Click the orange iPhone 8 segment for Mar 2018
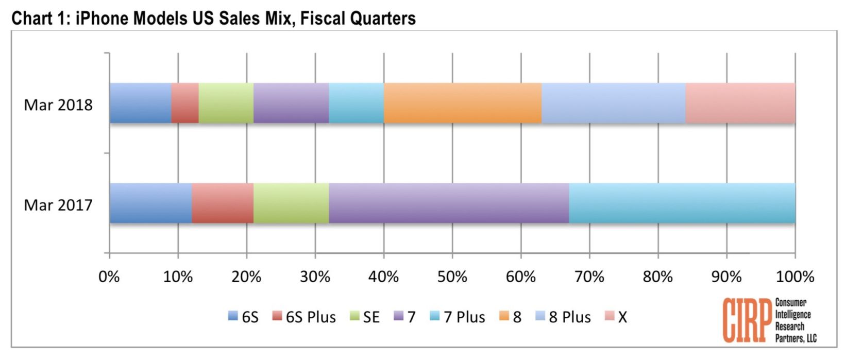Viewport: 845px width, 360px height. click(462, 103)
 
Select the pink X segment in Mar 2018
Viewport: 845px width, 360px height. click(740, 103)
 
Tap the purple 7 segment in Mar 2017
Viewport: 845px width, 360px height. click(448, 203)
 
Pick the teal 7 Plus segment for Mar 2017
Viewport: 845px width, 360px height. click(682, 203)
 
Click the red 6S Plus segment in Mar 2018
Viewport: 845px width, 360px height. click(185, 103)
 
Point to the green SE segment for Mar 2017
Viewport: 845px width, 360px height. click(291, 203)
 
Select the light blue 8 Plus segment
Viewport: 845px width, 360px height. click(613, 103)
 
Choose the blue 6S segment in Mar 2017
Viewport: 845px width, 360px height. click(150, 203)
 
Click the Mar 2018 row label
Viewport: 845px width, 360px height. click(58, 105)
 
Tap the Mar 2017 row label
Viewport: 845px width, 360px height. click(58, 205)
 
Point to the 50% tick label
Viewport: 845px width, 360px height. click(452, 277)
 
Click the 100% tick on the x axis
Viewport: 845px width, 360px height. click(795, 277)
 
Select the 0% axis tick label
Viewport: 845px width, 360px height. click(109, 277)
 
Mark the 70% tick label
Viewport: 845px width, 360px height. click(589, 277)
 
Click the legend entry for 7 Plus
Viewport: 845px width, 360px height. click(458, 317)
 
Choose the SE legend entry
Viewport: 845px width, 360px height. click(365, 317)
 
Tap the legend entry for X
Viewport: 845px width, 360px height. click(616, 317)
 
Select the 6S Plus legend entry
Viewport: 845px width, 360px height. click(305, 317)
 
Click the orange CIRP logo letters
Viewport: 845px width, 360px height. click(747, 320)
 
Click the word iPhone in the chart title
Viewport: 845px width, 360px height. click(103, 19)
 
